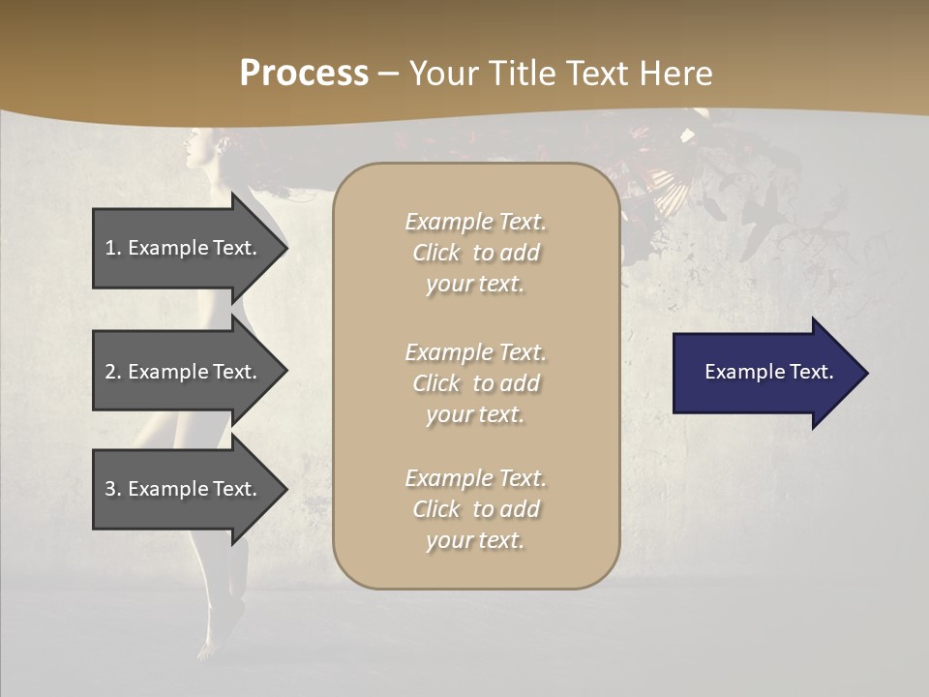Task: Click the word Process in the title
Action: click(304, 74)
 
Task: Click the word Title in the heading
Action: click(521, 74)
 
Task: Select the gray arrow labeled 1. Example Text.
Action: click(184, 248)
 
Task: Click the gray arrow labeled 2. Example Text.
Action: click(184, 372)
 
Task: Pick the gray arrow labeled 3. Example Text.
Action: click(184, 489)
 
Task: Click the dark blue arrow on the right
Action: click(764, 373)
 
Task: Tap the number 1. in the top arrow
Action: click(113, 248)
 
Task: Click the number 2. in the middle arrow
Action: click(113, 372)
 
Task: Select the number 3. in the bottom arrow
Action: click(113, 489)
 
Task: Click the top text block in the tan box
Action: click(475, 253)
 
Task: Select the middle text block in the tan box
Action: click(475, 383)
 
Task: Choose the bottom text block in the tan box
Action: click(475, 509)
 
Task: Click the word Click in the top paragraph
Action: click(436, 253)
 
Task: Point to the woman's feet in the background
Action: click(218, 629)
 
